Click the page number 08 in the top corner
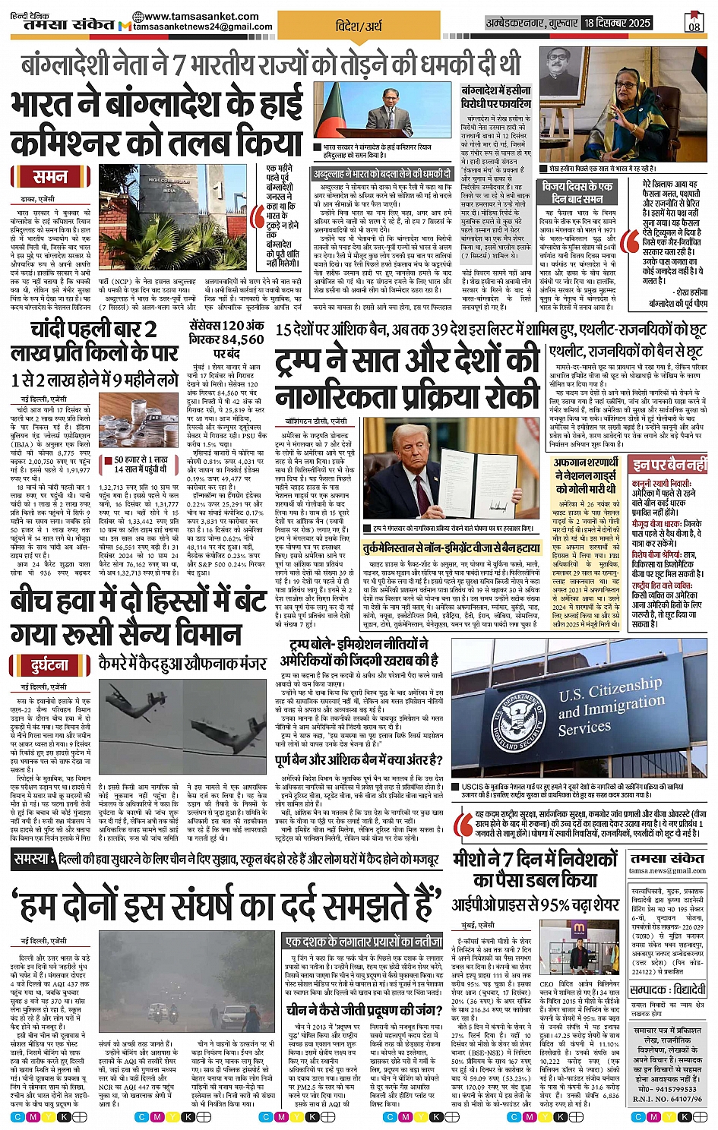point(694,24)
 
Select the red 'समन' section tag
point(51,177)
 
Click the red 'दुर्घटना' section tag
point(50,665)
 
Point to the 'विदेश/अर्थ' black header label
point(359,26)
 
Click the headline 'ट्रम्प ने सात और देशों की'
point(407,361)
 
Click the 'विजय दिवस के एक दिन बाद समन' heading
point(577,191)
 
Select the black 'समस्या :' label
point(33,859)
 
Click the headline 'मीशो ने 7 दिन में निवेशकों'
point(535,859)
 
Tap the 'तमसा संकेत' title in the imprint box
point(666,858)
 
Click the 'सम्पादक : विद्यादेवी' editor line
point(668,989)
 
